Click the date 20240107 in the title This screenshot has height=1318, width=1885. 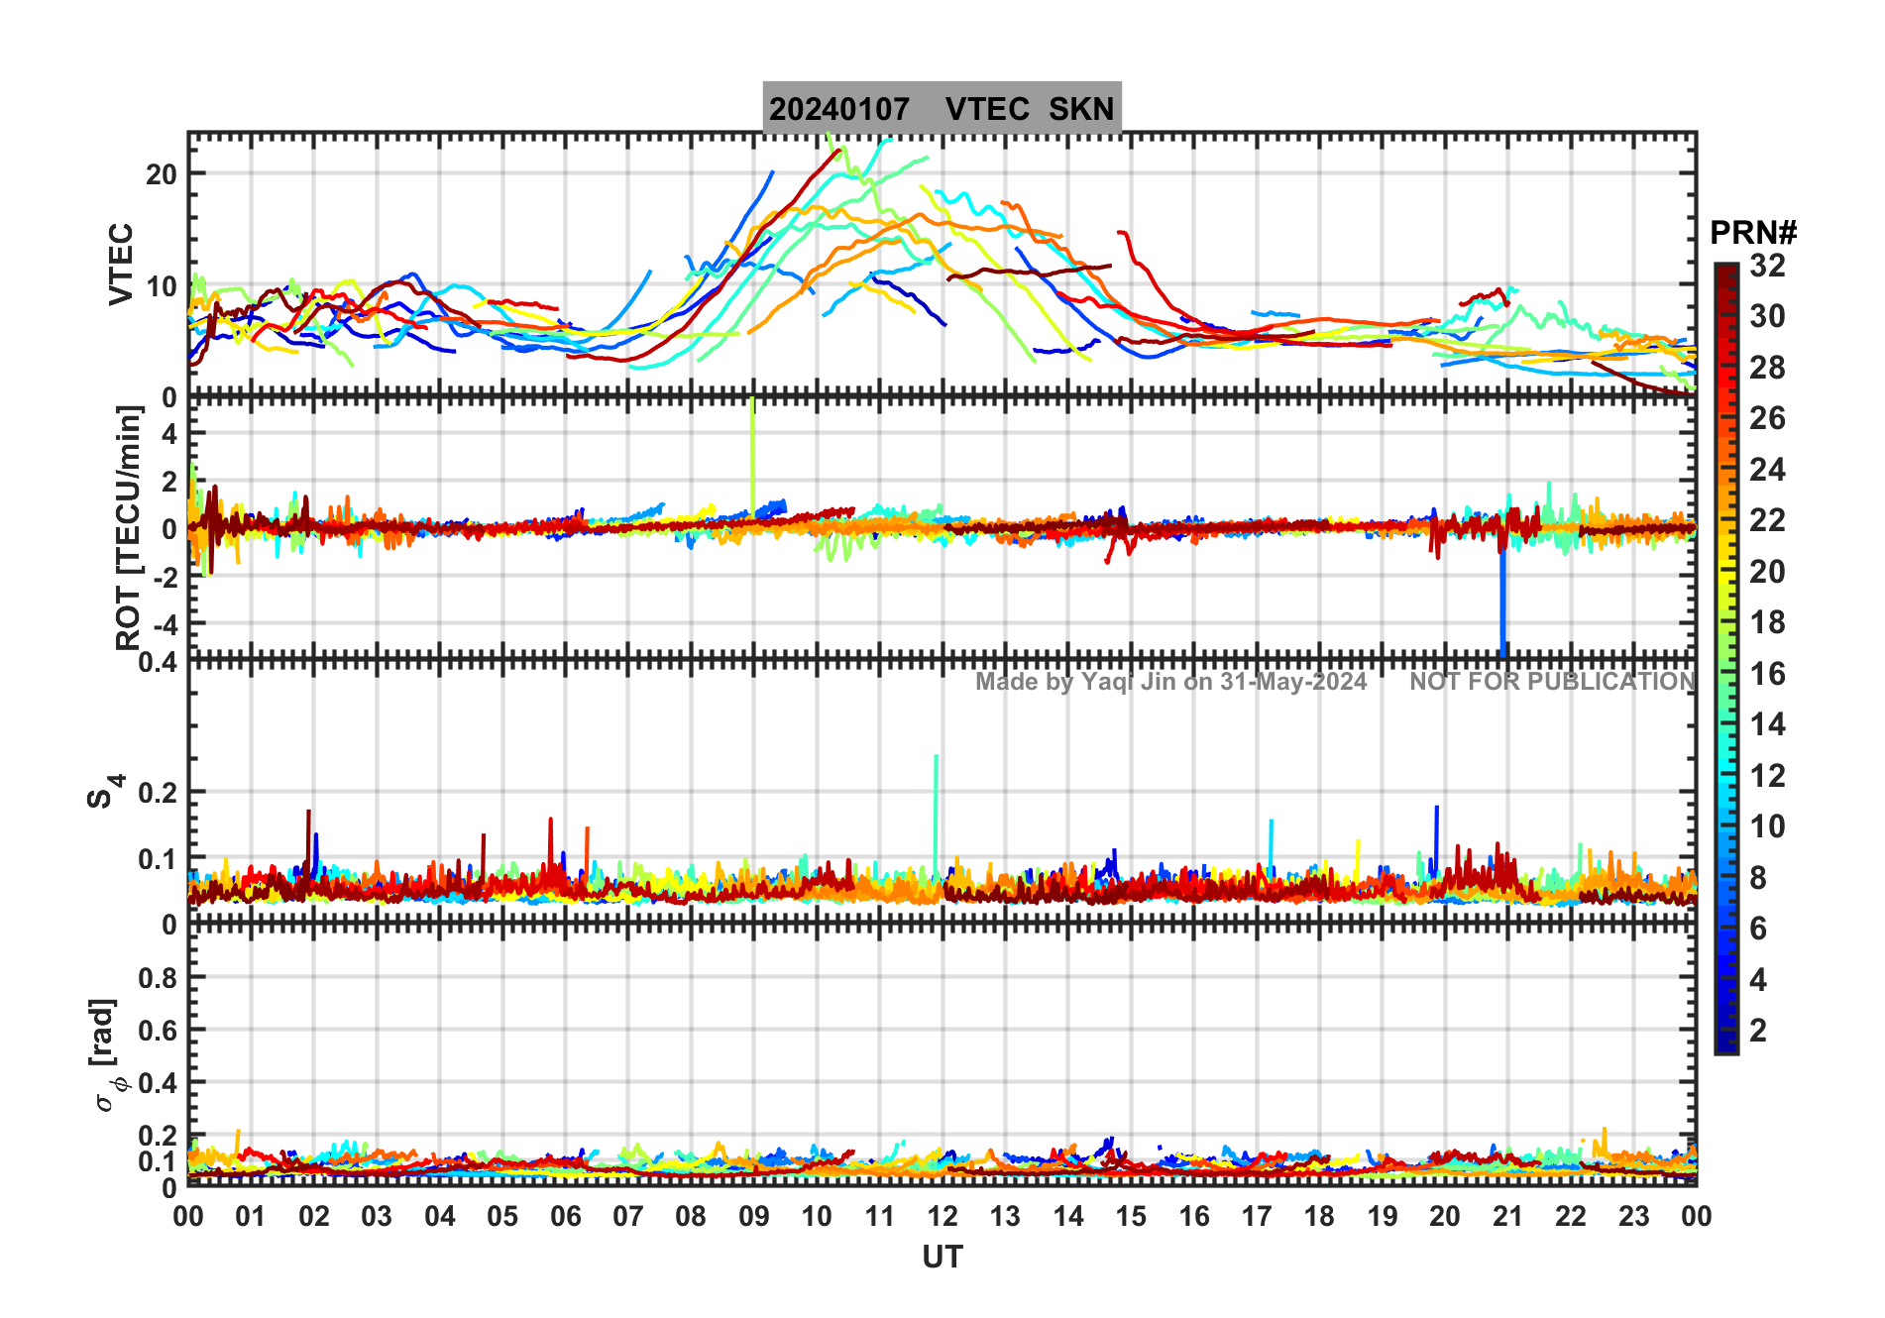tap(838, 109)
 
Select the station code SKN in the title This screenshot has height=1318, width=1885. tap(1081, 109)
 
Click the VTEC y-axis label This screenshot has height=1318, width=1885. tap(121, 264)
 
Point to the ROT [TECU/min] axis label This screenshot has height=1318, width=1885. tap(129, 527)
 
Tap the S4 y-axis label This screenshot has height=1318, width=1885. tap(105, 792)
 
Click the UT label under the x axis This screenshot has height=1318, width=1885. tap(942, 1257)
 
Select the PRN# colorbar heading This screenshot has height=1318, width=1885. tap(1752, 233)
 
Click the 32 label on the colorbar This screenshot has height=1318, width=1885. tap(1767, 266)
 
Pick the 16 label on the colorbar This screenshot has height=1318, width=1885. tap(1767, 674)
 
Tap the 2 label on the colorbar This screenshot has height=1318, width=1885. tap(1758, 1031)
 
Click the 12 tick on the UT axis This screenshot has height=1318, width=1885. tap(942, 1216)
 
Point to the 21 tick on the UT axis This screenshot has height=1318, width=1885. tap(1507, 1216)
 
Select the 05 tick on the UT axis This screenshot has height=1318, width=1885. tap(502, 1216)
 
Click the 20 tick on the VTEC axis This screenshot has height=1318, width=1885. tap(161, 174)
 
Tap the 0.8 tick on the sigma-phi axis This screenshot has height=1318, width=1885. tap(158, 978)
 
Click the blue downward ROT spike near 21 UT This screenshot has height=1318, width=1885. tap(1502, 604)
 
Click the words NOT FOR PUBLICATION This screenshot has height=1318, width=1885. tap(1552, 682)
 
